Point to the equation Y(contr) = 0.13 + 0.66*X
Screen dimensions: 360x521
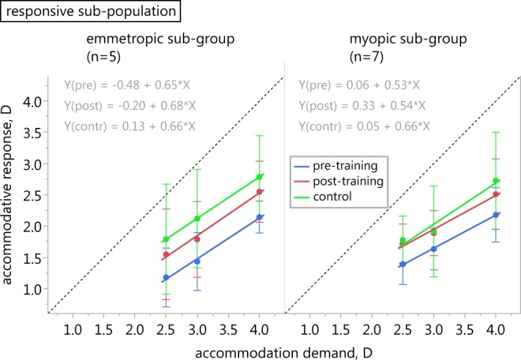click(x=129, y=126)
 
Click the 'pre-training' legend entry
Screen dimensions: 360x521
click(x=350, y=167)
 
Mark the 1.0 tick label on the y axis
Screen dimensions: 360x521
click(x=36, y=289)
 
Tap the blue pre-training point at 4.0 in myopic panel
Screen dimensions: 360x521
click(x=496, y=215)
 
